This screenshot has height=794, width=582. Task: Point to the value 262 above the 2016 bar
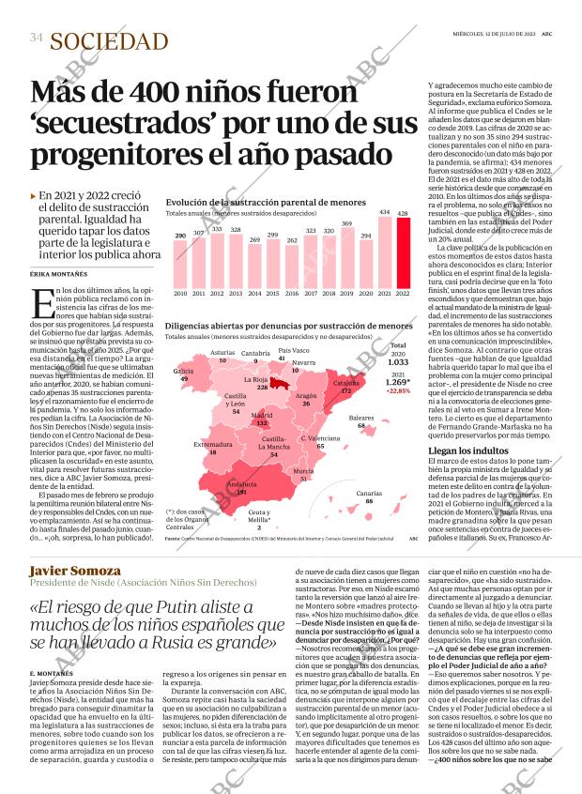tap(292, 240)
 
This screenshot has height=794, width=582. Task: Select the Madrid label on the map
tap(262, 414)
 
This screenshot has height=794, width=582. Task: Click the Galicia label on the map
tap(184, 371)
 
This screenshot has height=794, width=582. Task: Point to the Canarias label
tap(369, 493)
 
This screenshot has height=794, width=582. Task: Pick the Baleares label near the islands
tap(361, 417)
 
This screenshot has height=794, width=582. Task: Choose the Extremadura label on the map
tap(213, 443)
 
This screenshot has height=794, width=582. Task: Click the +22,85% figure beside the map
tap(398, 391)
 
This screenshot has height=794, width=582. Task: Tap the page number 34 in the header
tap(37, 38)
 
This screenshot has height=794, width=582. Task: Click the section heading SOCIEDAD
tap(109, 40)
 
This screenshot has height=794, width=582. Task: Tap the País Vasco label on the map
tap(295, 351)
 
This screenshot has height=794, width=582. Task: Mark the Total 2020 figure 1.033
tap(398, 361)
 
